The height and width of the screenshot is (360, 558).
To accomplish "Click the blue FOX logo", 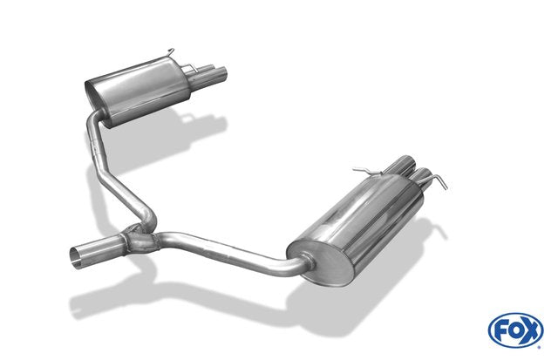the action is [x=515, y=329].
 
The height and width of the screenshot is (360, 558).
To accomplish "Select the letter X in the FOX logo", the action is [x=531, y=331].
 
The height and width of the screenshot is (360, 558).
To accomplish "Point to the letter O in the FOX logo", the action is [x=515, y=330].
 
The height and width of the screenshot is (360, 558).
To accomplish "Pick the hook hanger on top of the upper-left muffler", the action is [x=169, y=52].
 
